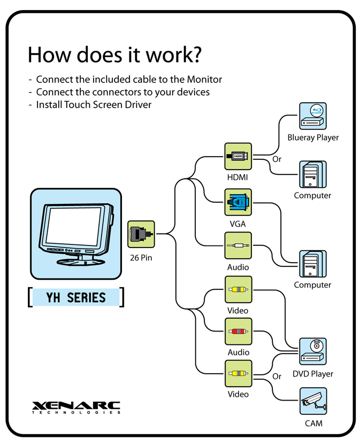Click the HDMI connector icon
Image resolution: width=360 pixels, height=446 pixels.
click(238, 156)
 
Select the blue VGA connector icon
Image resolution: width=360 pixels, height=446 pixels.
click(238, 202)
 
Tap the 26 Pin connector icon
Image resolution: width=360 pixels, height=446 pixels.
click(141, 234)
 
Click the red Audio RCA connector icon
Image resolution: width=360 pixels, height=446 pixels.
click(238, 331)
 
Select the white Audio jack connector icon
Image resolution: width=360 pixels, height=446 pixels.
click(238, 245)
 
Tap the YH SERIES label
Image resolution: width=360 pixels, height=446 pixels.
click(76, 297)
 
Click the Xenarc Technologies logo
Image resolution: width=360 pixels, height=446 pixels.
click(76, 407)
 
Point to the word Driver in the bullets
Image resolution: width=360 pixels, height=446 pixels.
click(137, 104)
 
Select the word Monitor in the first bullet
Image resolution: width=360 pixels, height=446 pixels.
click(204, 79)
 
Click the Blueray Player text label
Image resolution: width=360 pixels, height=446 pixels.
click(313, 137)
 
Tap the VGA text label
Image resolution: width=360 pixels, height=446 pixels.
click(238, 224)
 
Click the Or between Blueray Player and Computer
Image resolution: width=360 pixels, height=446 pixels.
click(277, 159)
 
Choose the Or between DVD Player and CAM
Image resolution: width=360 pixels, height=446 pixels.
click(277, 376)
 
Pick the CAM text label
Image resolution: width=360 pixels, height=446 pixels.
click(313, 424)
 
